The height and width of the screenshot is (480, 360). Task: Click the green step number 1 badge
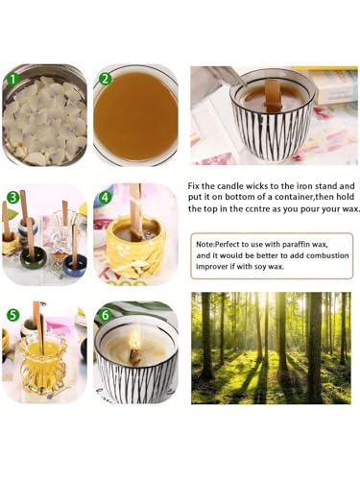12,79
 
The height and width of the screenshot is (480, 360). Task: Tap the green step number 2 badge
105,79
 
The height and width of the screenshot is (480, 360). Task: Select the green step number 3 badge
12,198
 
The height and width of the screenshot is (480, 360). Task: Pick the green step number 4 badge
106,198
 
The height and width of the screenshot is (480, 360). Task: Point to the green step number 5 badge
12,315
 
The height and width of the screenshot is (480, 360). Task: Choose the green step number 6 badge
106,315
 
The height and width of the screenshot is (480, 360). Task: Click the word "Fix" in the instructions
193,186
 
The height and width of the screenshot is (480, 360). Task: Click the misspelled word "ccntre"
250,209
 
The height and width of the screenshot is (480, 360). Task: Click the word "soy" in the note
260,267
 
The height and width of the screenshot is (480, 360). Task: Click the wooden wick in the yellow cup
135,211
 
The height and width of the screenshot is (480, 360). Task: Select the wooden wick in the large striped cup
273,91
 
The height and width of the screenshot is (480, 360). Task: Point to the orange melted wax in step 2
136,117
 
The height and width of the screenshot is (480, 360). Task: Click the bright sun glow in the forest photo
271,307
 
